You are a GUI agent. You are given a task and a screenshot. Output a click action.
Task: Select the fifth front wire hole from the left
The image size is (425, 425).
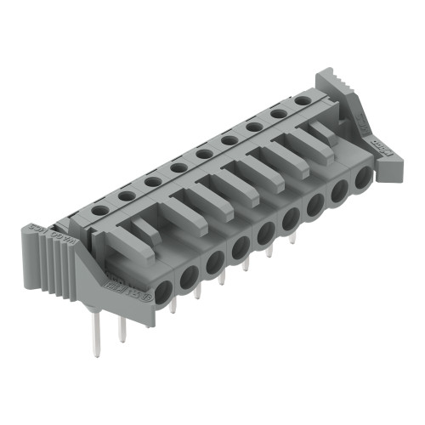click(x=266, y=236)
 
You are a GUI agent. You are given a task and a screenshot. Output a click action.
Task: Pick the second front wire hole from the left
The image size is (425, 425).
click(x=190, y=274)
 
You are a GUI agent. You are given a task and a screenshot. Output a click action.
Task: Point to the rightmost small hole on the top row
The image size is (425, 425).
click(x=302, y=100)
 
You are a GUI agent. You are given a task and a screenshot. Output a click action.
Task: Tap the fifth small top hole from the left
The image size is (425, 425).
click(x=203, y=154)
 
